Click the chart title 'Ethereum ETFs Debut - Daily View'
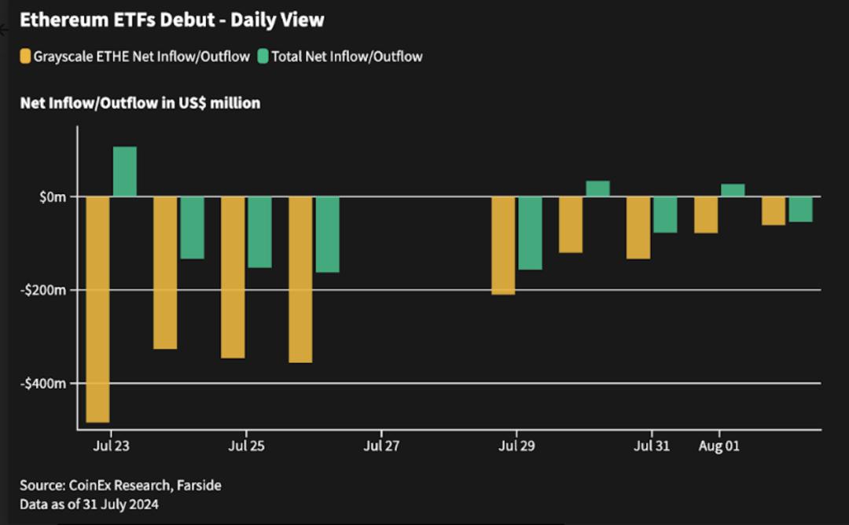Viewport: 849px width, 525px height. coord(172,20)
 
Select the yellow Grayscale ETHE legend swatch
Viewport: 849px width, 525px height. coord(25,57)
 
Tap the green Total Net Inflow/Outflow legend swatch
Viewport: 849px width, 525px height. coord(263,57)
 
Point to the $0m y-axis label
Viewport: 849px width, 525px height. coord(53,197)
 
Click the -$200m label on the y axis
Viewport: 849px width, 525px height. coord(43,291)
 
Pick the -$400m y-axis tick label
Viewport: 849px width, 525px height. coord(43,384)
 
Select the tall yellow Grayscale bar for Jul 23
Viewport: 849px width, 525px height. coord(98,309)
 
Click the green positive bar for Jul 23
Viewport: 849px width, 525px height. coord(124,171)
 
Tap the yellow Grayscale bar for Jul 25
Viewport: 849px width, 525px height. coord(233,277)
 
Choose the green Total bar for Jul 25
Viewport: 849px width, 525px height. coord(260,232)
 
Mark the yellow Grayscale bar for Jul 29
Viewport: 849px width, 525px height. coord(504,246)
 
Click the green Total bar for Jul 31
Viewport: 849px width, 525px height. coord(666,215)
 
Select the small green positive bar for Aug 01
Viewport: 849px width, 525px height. coord(733,190)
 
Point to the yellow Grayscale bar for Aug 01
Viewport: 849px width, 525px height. coord(706,215)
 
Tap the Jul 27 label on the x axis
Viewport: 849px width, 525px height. coord(381,446)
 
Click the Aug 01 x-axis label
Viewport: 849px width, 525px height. coord(719,446)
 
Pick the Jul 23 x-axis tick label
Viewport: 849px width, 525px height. coord(111,446)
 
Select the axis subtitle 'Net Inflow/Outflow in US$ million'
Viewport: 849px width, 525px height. coord(140,103)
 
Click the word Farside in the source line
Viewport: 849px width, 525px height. coord(199,485)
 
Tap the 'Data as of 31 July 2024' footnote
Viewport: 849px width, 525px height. coord(90,505)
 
